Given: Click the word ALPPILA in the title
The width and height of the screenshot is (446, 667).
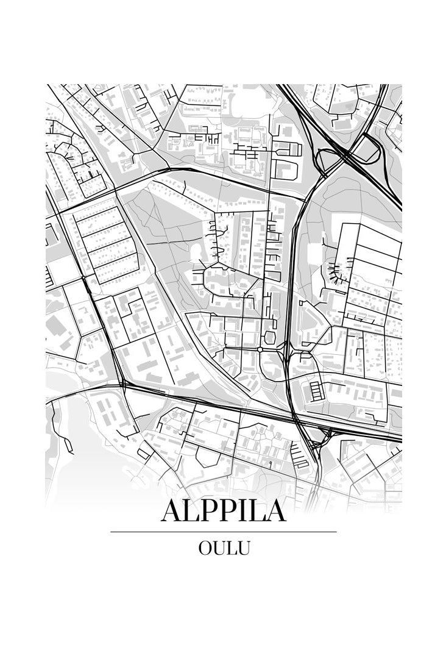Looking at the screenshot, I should pyautogui.click(x=223, y=511).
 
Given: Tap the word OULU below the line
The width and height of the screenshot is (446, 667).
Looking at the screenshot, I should pyautogui.click(x=224, y=548).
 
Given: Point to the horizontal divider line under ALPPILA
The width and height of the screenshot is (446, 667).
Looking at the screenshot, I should pyautogui.click(x=223, y=532).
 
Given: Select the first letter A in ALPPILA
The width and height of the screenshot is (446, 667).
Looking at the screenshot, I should pyautogui.click(x=171, y=511).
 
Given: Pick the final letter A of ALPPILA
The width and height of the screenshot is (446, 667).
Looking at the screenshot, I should pyautogui.click(x=275, y=511).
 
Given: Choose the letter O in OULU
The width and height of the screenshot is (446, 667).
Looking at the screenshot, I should pyautogui.click(x=205, y=548).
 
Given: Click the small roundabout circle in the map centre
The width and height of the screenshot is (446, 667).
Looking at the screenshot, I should pyautogui.click(x=260, y=349).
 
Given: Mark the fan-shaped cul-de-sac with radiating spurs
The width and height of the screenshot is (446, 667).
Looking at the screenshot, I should pyautogui.click(x=336, y=268).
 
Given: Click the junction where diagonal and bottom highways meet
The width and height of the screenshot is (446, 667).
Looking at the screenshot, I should pyautogui.click(x=124, y=384).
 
